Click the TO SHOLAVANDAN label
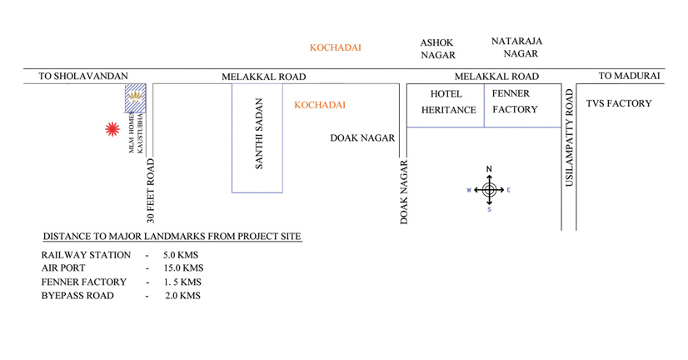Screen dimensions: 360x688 (75, 77)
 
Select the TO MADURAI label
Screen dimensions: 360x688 (630, 76)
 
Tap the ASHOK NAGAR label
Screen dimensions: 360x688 (438, 48)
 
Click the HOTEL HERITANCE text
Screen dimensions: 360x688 (448, 102)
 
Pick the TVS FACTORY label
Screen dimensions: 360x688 (619, 104)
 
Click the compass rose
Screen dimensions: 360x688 (490, 190)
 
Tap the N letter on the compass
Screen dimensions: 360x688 (490, 170)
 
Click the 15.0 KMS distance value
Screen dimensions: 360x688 (182, 268)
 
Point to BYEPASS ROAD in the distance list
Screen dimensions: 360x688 (78, 296)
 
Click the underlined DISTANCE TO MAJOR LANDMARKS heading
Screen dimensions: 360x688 (172, 236)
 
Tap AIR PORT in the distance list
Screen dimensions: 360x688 (62, 268)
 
